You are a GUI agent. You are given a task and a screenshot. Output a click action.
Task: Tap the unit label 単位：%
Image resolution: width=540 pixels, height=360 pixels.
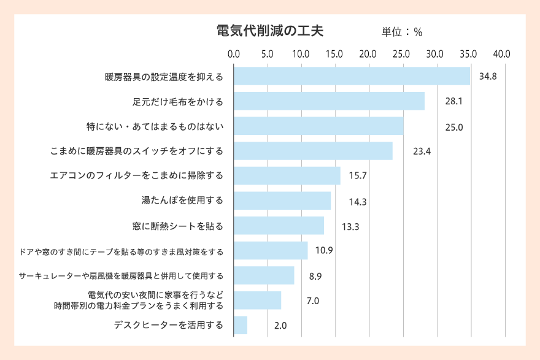click(x=402, y=32)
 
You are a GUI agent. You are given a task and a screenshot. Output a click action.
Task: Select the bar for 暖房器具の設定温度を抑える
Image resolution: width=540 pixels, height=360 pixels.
click(x=352, y=77)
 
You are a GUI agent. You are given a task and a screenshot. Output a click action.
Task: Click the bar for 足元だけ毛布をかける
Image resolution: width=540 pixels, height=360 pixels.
click(x=329, y=101)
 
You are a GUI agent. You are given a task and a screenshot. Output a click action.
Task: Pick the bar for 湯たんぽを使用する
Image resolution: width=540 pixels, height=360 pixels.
click(x=282, y=201)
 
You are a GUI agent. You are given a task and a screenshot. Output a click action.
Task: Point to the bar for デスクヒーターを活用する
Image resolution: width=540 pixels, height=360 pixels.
click(x=241, y=325)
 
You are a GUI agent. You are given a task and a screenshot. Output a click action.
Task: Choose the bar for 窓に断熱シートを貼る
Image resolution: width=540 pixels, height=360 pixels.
click(x=279, y=226)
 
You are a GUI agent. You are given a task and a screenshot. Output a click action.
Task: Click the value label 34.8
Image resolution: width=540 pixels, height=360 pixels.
click(x=488, y=77)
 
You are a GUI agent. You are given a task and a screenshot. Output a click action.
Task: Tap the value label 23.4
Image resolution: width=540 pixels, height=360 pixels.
click(x=422, y=151)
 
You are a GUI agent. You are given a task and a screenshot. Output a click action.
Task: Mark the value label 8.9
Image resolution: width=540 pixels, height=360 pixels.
click(x=315, y=276)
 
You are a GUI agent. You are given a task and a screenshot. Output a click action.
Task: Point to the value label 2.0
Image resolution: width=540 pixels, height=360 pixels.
click(x=280, y=326)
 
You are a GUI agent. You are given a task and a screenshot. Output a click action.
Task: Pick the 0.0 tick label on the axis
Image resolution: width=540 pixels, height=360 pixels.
click(x=234, y=54)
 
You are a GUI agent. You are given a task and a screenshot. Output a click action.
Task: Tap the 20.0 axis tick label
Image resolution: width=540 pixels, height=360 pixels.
click(x=368, y=54)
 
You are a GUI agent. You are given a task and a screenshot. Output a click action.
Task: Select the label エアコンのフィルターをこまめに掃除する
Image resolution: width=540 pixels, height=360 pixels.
click(x=136, y=176)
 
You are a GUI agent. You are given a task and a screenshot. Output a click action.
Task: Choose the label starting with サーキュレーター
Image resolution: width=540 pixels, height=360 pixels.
click(x=121, y=275)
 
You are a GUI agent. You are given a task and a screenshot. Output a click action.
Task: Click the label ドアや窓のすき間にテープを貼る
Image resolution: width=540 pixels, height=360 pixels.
click(x=121, y=251)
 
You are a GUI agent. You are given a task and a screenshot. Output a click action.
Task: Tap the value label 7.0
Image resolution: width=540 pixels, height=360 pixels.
click(x=312, y=301)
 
